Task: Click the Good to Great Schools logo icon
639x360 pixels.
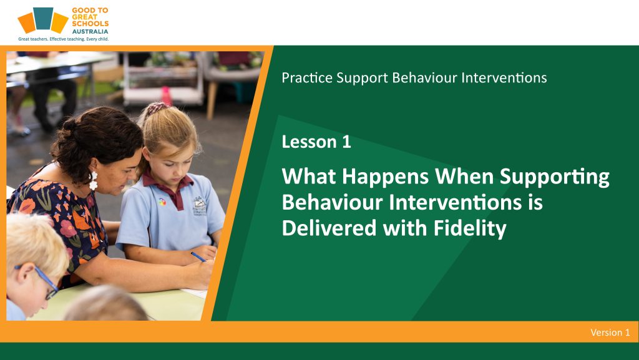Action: point(43,21)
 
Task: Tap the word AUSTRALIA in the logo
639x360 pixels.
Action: point(90,31)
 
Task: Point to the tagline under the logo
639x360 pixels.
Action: point(64,39)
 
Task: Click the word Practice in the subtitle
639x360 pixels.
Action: point(307,78)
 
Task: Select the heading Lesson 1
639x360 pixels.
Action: point(316,142)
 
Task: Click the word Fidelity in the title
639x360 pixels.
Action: point(470,228)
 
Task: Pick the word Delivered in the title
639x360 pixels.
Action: point(329,228)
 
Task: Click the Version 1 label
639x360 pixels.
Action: point(610,333)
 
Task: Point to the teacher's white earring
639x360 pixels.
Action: point(94,180)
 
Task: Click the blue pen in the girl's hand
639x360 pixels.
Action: point(198,256)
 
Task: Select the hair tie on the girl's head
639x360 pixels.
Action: point(157,108)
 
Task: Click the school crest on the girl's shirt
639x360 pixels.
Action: point(199,205)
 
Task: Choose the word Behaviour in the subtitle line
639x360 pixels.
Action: point(424,78)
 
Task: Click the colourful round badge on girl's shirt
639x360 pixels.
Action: point(162,202)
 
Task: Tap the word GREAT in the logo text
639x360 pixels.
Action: point(85,17)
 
